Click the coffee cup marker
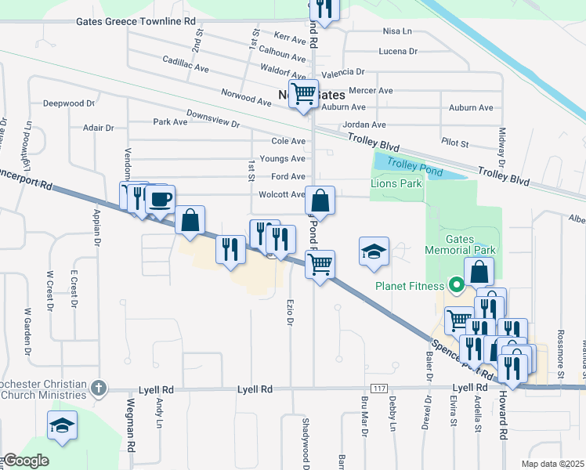[x=160, y=200]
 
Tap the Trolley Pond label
[x=414, y=167]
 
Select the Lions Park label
[x=396, y=183]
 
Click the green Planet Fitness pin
[x=454, y=284]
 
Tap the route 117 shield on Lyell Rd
[x=378, y=389]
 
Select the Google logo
[x=25, y=461]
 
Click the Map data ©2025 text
[x=552, y=464]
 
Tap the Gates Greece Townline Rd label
[x=135, y=21]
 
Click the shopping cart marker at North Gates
[x=303, y=93]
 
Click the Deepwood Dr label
[x=69, y=103]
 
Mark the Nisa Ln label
[x=397, y=31]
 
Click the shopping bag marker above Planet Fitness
[x=479, y=273]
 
